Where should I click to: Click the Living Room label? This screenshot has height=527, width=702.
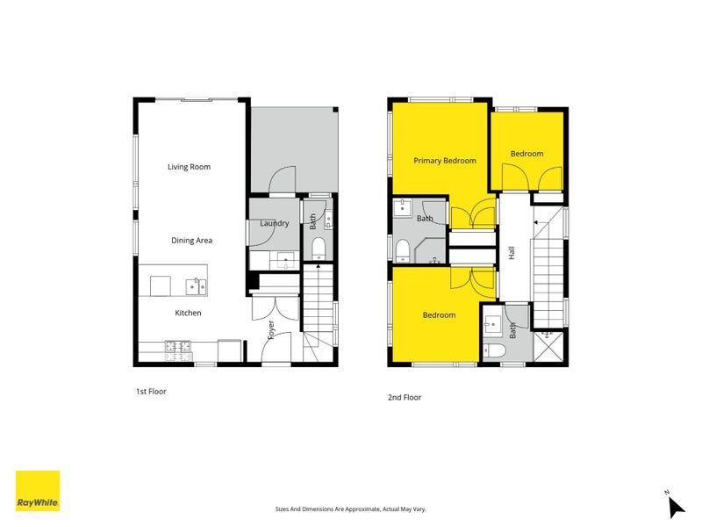tap(189, 167)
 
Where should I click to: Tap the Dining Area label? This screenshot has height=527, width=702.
tap(191, 240)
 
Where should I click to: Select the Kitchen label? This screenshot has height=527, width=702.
tap(188, 313)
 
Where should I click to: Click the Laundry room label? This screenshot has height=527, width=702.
tap(275, 223)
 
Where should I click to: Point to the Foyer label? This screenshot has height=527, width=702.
tap(271, 330)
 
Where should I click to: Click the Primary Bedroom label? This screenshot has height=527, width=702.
tap(445, 161)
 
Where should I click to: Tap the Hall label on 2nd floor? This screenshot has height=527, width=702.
tap(512, 253)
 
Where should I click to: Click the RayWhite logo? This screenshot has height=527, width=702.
tap(38, 491)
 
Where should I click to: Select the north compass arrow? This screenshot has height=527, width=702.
tap(676, 508)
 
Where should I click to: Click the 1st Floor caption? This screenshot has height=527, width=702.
tap(151, 391)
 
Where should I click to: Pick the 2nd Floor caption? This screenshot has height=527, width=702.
tap(405, 397)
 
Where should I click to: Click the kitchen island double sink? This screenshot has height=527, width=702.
tap(196, 287)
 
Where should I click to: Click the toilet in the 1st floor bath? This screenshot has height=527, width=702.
tap(319, 249)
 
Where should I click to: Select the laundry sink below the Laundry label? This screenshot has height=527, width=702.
tap(285, 260)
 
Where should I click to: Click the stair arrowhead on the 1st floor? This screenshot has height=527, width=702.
tap(318, 267)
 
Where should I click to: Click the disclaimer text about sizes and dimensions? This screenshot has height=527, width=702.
tap(350, 509)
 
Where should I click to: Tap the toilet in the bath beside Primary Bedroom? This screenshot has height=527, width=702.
tap(403, 251)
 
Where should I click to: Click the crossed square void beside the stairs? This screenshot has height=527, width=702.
tap(549, 346)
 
